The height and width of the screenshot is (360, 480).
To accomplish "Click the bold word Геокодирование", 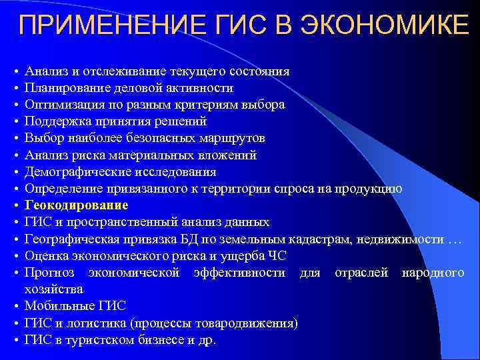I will coord(76,205).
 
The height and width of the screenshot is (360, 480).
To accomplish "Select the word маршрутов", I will coord(235,138).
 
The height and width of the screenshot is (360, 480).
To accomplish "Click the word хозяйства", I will coord(53,289).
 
